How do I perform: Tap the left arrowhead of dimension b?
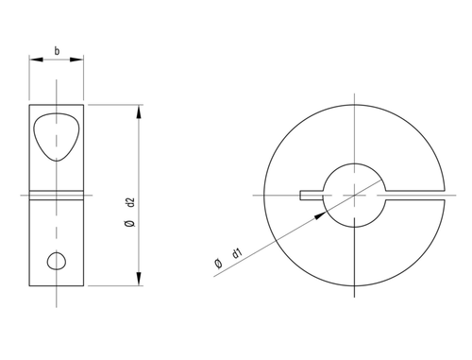[34, 60]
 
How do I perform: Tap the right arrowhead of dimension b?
[82, 60]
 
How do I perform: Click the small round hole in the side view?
[58, 261]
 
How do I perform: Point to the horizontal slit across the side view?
[58, 197]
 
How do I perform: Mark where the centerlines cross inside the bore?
[355, 196]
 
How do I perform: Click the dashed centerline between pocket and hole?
[58, 227]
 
